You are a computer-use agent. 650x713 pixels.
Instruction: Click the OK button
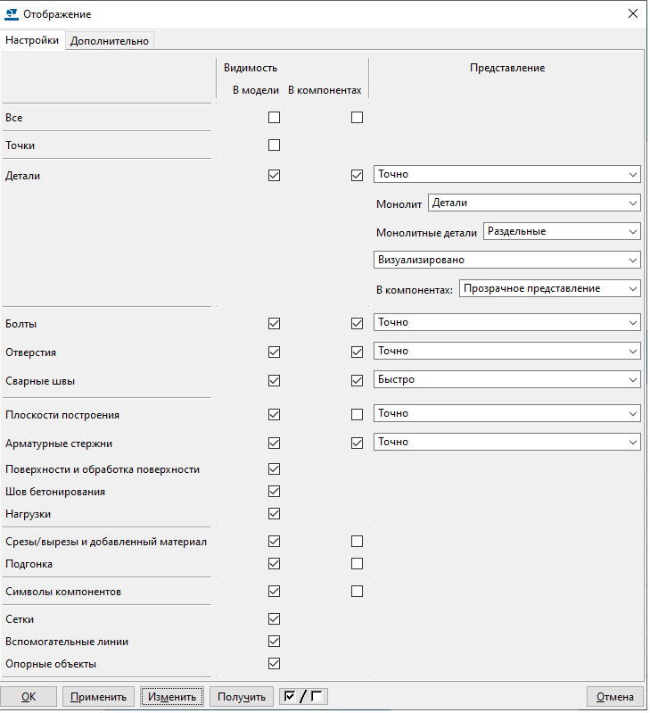pyautogui.click(x=29, y=697)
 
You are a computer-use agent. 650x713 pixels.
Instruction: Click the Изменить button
pyautogui.click(x=172, y=697)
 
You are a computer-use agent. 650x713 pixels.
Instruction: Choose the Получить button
pyautogui.click(x=242, y=697)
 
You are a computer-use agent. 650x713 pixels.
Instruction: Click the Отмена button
pyautogui.click(x=614, y=697)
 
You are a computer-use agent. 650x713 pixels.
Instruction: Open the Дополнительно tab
pyautogui.click(x=110, y=40)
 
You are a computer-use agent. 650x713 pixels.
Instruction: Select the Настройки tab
pyautogui.click(x=33, y=40)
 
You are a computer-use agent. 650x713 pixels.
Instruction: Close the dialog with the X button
pyautogui.click(x=633, y=13)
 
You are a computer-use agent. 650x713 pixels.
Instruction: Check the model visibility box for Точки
pyautogui.click(x=274, y=145)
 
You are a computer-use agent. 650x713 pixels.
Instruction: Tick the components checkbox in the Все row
pyautogui.click(x=357, y=117)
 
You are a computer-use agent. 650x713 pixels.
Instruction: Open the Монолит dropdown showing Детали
pyautogui.click(x=534, y=203)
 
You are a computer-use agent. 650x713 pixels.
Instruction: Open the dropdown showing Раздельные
pyautogui.click(x=562, y=231)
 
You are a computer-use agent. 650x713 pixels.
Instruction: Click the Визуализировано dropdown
pyautogui.click(x=506, y=260)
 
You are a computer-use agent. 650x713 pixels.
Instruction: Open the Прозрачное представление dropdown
pyautogui.click(x=550, y=288)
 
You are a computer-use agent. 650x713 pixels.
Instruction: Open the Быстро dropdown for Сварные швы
pyautogui.click(x=506, y=379)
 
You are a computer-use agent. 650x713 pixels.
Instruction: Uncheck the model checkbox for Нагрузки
pyautogui.click(x=274, y=513)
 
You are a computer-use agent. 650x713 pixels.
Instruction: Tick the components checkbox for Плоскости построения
pyautogui.click(x=357, y=414)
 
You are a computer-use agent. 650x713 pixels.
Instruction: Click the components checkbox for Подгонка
pyautogui.click(x=357, y=563)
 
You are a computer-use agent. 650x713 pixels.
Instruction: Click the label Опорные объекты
pyautogui.click(x=51, y=664)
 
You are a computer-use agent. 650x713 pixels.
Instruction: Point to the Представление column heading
pyautogui.click(x=507, y=68)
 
